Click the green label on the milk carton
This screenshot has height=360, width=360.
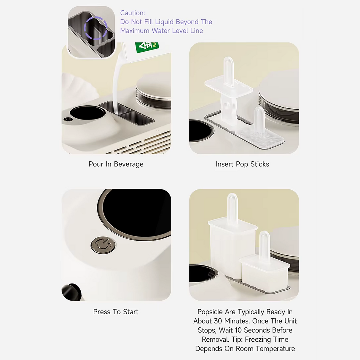coord(147,47)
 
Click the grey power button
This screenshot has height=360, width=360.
coord(103,245)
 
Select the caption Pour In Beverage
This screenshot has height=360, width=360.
coord(116,164)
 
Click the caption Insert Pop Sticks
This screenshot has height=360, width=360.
coord(242,164)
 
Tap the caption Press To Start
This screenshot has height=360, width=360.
coord(116,312)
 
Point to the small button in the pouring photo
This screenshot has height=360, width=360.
coord(67,119)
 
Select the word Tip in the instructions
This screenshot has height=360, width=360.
coord(236,340)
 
